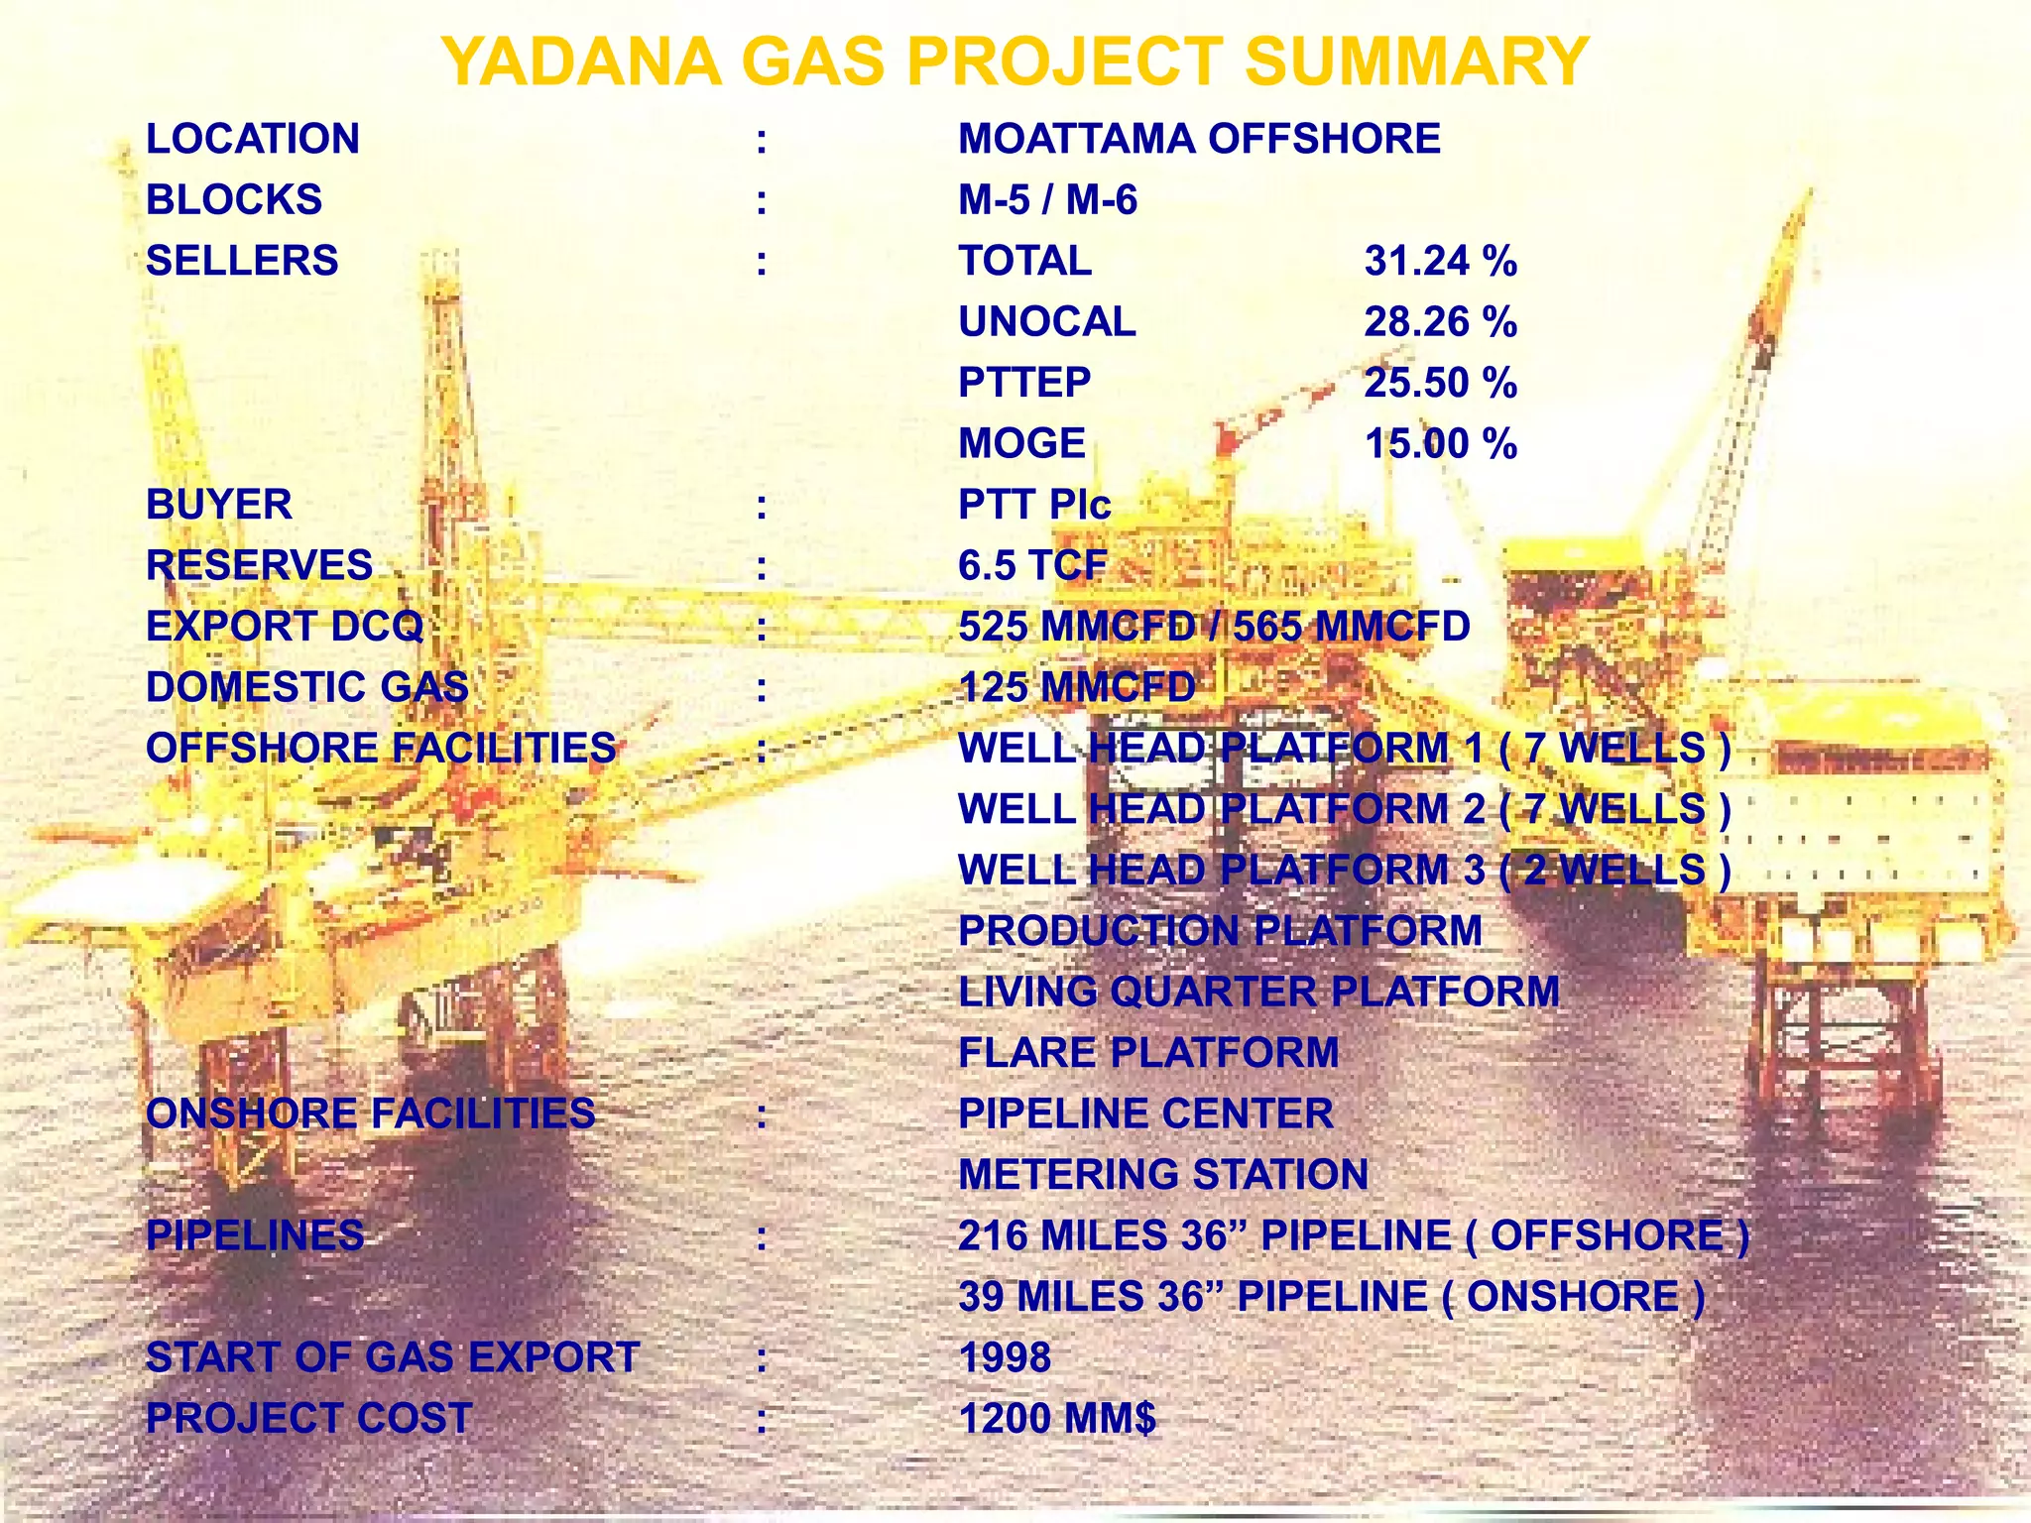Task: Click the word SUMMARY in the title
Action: (x=1416, y=61)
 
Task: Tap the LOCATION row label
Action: (x=253, y=139)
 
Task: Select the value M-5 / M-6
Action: (x=1047, y=200)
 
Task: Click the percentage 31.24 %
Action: (x=1440, y=261)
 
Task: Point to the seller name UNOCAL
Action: (x=1046, y=322)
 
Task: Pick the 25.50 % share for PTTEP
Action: (x=1440, y=383)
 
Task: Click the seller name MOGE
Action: (x=1021, y=443)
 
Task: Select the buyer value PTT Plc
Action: (x=1033, y=505)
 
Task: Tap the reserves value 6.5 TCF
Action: (x=1031, y=565)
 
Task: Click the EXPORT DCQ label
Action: (x=285, y=627)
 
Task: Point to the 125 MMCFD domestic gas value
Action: (x=1077, y=687)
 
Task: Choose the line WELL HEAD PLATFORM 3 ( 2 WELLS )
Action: (x=1344, y=870)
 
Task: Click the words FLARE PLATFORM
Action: (x=1148, y=1052)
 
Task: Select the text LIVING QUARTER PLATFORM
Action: (x=1258, y=992)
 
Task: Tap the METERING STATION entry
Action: (x=1162, y=1174)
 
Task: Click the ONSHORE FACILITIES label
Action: (x=370, y=1113)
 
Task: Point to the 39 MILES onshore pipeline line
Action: (x=1331, y=1296)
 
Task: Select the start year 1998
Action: (x=1005, y=1357)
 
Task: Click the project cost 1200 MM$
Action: (x=1057, y=1418)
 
